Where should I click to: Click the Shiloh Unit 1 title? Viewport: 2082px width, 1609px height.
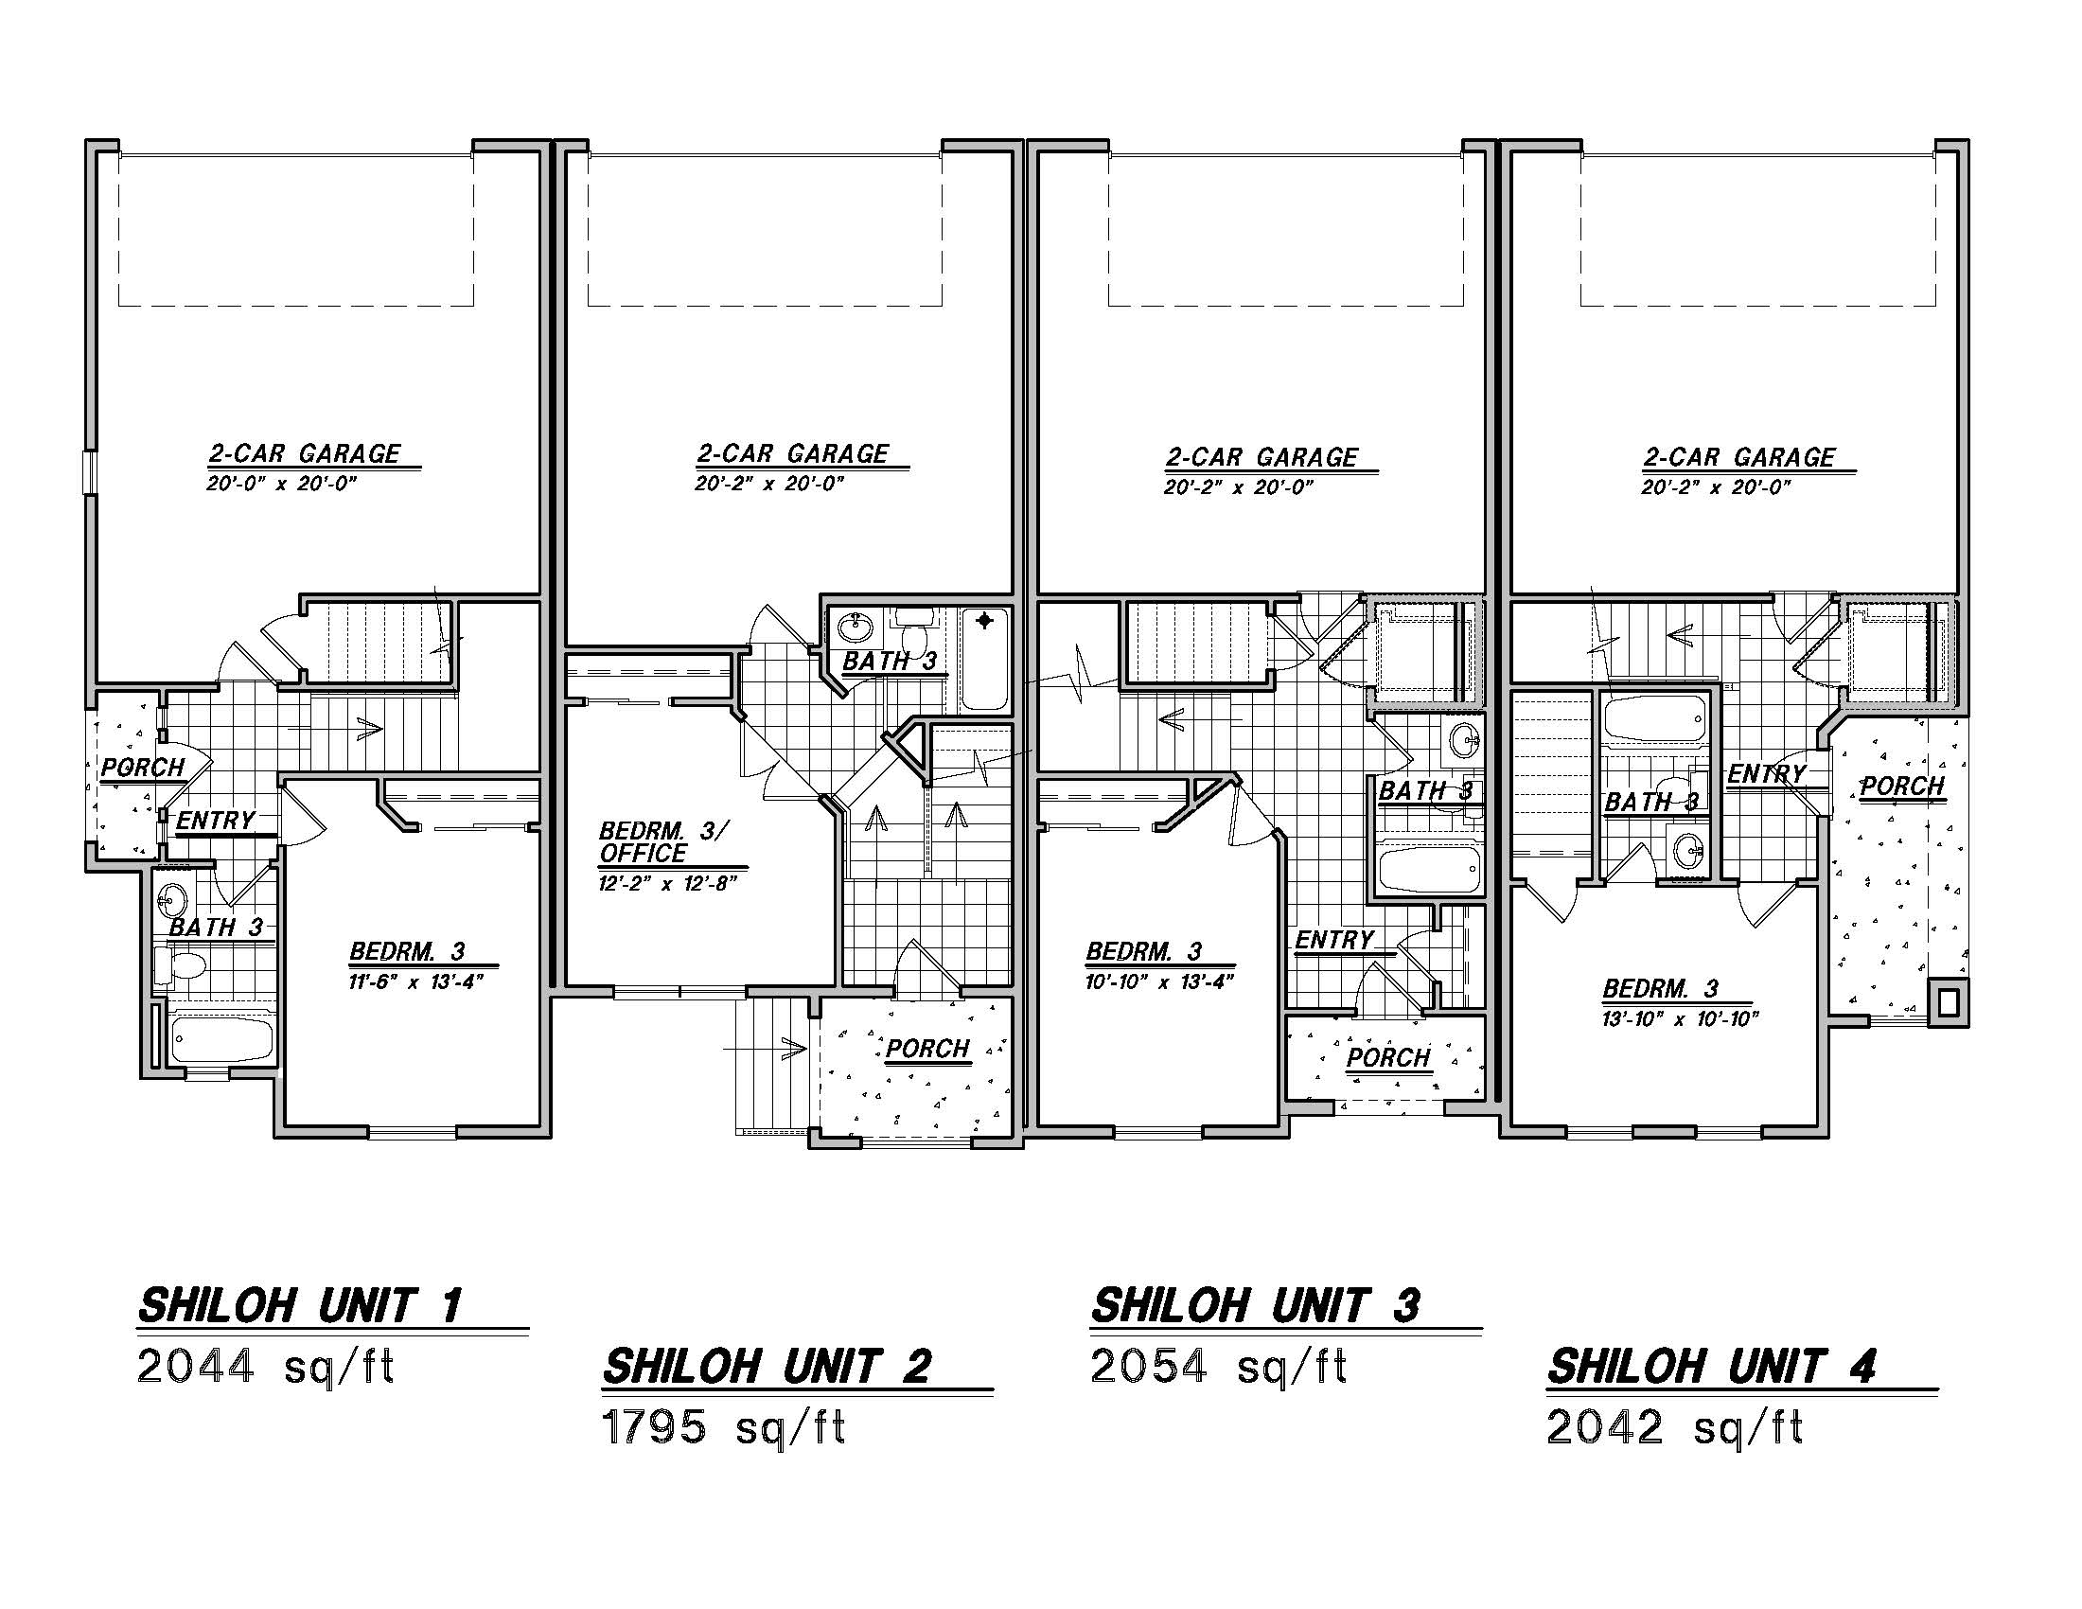(301, 1306)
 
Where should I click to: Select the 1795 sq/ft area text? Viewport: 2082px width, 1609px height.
(725, 1428)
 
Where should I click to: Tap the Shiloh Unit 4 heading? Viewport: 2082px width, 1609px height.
(1711, 1367)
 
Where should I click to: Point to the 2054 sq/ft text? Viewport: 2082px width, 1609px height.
(1218, 1367)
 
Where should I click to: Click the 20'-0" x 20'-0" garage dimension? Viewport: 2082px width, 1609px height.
(281, 485)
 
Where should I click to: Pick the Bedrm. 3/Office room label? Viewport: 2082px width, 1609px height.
(662, 841)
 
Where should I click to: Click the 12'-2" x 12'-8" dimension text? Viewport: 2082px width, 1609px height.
(668, 884)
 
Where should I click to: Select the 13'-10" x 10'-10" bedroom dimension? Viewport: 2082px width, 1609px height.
(1680, 1019)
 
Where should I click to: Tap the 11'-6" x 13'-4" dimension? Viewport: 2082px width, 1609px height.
(416, 981)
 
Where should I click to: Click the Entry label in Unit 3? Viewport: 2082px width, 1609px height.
(1334, 940)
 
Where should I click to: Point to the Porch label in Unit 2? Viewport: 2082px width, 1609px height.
(927, 1049)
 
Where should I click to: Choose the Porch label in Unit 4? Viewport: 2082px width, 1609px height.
(1902, 787)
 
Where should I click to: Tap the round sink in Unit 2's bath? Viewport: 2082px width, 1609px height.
(855, 628)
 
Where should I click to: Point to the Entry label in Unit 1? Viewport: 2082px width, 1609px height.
(216, 821)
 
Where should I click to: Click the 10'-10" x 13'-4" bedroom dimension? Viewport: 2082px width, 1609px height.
(1160, 981)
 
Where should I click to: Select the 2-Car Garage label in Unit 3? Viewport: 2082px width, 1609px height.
(1262, 457)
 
